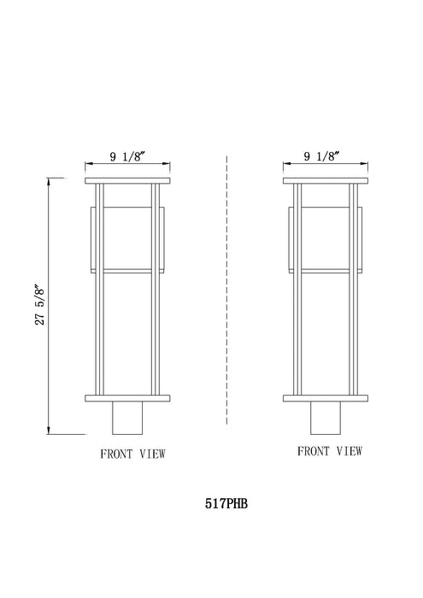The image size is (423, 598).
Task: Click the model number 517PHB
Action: [226, 505]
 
